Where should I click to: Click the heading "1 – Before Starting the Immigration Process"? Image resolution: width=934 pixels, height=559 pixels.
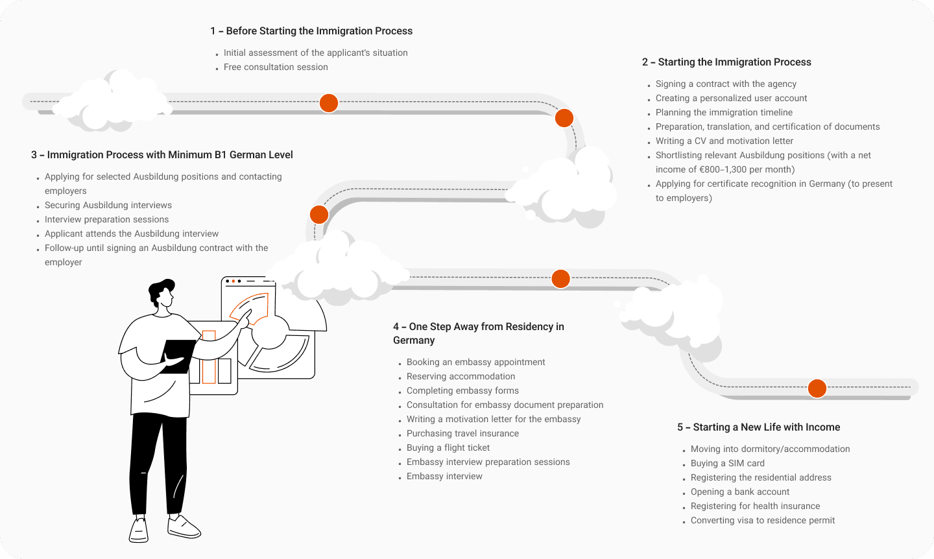pyautogui.click(x=311, y=31)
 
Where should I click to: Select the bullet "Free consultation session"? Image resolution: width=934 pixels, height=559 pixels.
pyautogui.click(x=276, y=67)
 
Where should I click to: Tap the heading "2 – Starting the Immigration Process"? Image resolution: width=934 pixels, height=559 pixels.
pyautogui.click(x=726, y=62)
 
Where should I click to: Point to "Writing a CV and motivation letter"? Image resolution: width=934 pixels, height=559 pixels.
pyautogui.click(x=724, y=141)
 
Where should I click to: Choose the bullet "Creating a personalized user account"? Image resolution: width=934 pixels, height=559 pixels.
pyautogui.click(x=731, y=99)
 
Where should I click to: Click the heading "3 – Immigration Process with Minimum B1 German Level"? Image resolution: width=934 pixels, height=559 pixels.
pyautogui.click(x=162, y=155)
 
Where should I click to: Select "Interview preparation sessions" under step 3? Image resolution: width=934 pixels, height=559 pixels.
pyautogui.click(x=106, y=220)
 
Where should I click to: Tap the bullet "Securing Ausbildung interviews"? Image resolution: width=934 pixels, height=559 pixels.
pyautogui.click(x=108, y=206)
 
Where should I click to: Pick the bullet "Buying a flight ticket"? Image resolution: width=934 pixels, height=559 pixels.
pyautogui.click(x=448, y=448)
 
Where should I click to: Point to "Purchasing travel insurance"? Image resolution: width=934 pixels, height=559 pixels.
pyautogui.click(x=462, y=434)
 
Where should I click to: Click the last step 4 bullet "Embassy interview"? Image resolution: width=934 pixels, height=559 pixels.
pyautogui.click(x=444, y=477)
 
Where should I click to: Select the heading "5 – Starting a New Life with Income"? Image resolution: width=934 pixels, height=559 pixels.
pyautogui.click(x=759, y=427)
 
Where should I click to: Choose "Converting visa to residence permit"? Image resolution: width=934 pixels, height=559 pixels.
pyautogui.click(x=763, y=521)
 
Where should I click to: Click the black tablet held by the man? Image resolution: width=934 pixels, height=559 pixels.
pyautogui.click(x=177, y=356)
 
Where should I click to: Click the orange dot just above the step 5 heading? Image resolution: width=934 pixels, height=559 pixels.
pyautogui.click(x=817, y=388)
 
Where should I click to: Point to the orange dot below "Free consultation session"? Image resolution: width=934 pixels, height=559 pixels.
pyautogui.click(x=329, y=103)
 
